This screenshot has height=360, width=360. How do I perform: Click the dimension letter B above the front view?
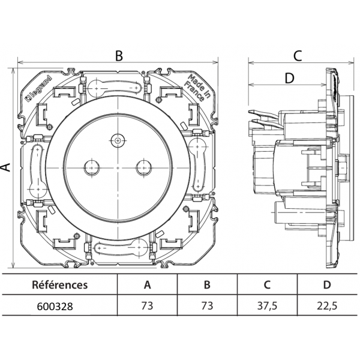pyautogui.click(x=119, y=56)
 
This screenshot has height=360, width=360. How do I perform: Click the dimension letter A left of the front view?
pyautogui.click(x=7, y=167)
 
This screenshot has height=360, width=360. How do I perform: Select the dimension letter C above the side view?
pyautogui.click(x=297, y=56)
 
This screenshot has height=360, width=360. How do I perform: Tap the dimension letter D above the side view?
pyautogui.click(x=289, y=78)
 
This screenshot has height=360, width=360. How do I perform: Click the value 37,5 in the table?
pyautogui.click(x=267, y=305)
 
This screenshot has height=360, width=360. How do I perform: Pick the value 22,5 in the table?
pyautogui.click(x=327, y=305)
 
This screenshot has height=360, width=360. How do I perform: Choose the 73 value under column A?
pyautogui.click(x=147, y=305)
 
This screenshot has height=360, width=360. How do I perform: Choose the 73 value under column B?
pyautogui.click(x=207, y=305)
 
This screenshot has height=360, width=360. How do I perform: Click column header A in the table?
pyautogui.click(x=147, y=285)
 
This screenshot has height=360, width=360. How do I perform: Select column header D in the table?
pyautogui.click(x=327, y=285)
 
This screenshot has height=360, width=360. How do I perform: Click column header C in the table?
pyautogui.click(x=267, y=285)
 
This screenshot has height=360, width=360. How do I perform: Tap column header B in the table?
pyautogui.click(x=207, y=285)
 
